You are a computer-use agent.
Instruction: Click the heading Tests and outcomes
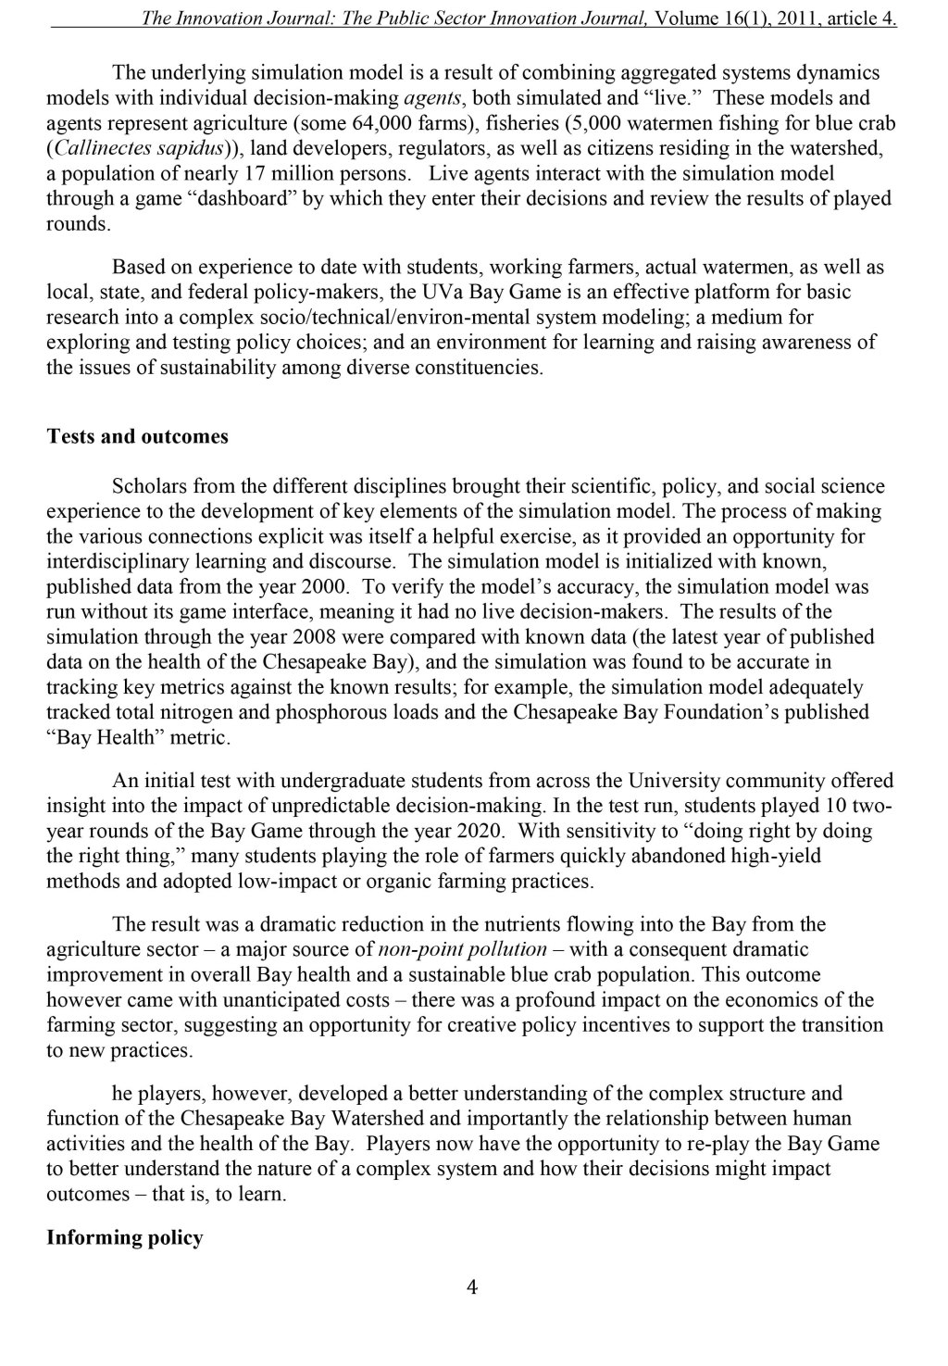click(137, 436)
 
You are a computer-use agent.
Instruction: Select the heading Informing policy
click(124, 1237)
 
